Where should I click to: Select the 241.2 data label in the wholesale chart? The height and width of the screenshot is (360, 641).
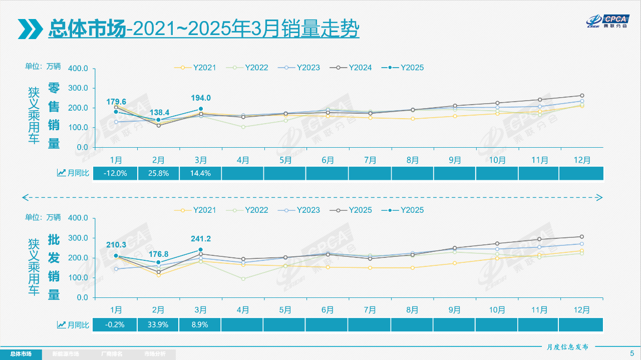[201, 239]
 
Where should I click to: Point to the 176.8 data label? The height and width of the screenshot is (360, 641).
[158, 254]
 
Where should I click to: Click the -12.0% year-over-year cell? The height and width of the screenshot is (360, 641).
[115, 173]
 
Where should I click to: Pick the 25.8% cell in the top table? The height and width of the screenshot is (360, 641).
[158, 173]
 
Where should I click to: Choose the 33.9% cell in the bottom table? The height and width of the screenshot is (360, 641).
[158, 324]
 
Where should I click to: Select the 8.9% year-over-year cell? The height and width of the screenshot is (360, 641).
[200, 324]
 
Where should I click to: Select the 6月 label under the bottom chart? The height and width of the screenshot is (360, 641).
[328, 310]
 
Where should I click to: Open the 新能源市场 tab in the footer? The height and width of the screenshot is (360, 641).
[66, 354]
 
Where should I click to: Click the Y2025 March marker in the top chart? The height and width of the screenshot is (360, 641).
[201, 109]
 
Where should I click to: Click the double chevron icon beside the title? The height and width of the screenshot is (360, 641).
[30, 29]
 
